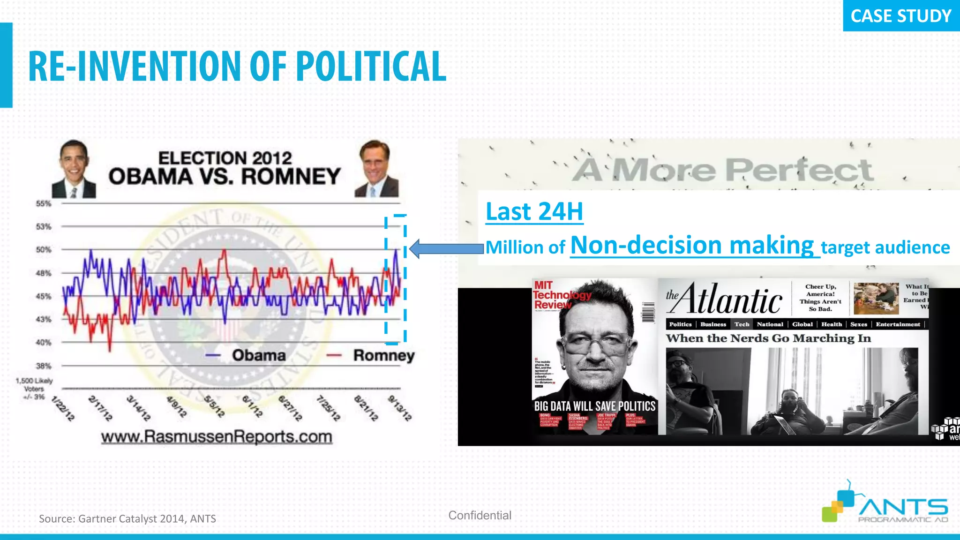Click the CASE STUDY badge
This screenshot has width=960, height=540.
click(900, 16)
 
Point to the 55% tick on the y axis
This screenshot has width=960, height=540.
click(44, 203)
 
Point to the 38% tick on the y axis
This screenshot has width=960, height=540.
click(44, 366)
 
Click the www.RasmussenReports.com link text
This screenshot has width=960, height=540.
click(217, 437)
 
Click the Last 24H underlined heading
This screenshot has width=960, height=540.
click(534, 211)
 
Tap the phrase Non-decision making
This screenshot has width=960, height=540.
click(692, 245)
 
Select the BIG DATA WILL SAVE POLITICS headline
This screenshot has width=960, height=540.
click(594, 406)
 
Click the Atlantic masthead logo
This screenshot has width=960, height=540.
click(725, 299)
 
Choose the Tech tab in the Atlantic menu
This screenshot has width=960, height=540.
click(742, 324)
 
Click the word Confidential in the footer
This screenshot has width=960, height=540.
click(480, 515)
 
